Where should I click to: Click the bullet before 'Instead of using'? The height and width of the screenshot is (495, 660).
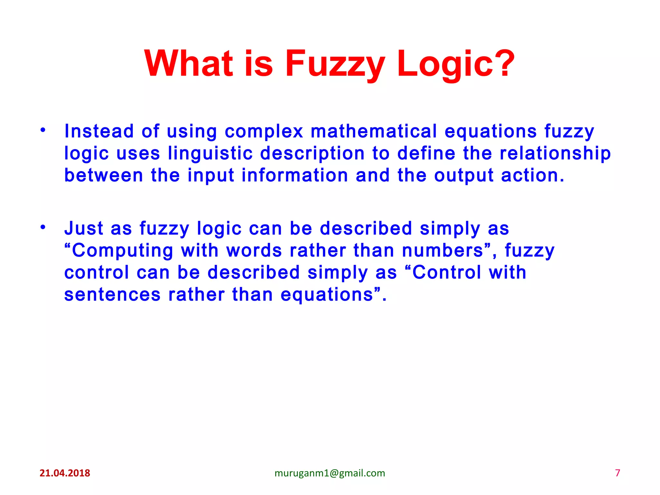coord(43,131)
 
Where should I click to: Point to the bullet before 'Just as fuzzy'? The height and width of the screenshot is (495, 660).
coord(43,228)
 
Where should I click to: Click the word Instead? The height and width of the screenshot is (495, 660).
coord(99,131)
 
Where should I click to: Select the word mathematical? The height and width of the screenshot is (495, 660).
coord(374,131)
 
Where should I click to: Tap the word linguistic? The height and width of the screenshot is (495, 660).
coord(210,153)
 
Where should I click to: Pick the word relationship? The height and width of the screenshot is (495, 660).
coord(555,153)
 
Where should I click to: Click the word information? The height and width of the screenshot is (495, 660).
coord(295,175)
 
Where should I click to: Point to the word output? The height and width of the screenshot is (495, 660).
coord(464,176)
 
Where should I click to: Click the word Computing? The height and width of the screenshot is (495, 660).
coord(122,251)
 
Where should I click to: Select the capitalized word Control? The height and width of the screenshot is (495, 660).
coord(446,272)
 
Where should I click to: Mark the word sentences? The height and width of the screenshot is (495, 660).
coord(112,295)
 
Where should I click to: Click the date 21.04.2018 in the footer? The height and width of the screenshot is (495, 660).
coord(65,473)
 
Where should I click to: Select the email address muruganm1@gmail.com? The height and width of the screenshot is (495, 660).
coord(330,473)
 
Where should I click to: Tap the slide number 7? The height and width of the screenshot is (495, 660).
coord(617,473)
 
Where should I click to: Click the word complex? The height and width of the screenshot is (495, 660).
coord(264,132)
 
